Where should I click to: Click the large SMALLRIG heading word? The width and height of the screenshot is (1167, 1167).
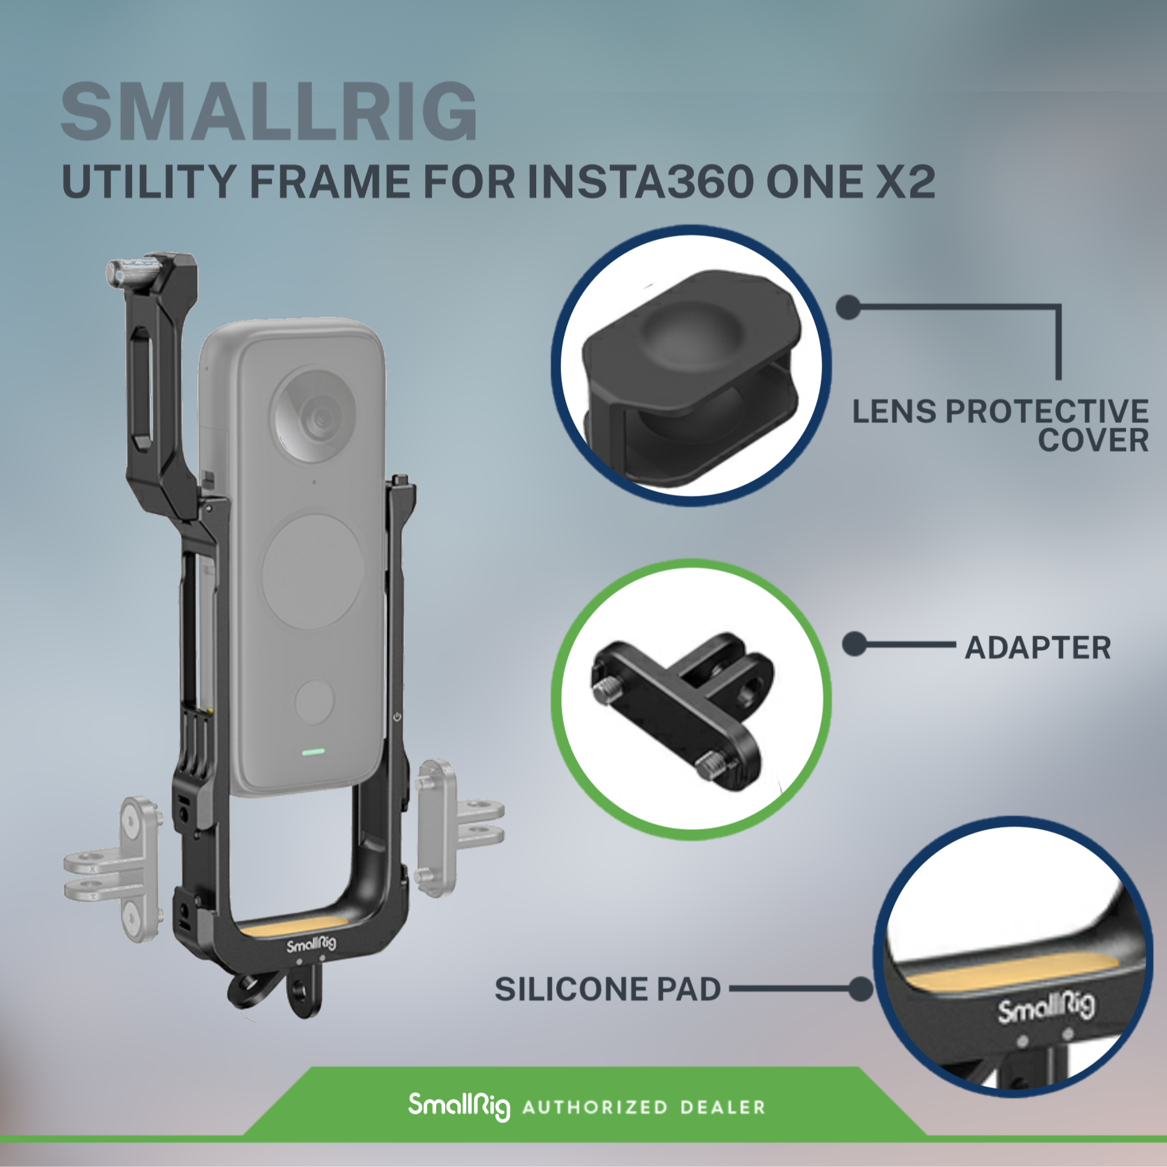(x=270, y=112)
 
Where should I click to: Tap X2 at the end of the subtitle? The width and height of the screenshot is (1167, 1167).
(x=905, y=181)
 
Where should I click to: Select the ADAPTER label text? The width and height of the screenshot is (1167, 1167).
(x=1038, y=648)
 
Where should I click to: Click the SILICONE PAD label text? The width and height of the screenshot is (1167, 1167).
(x=608, y=989)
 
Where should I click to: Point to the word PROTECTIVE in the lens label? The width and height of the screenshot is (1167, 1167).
(x=1047, y=411)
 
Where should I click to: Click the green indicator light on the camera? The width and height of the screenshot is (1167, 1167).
(x=313, y=752)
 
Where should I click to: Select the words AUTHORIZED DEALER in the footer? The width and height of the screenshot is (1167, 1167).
(x=644, y=1107)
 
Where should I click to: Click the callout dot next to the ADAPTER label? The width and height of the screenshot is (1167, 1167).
(x=855, y=645)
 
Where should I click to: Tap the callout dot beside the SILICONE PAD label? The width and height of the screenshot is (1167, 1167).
(x=860, y=990)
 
